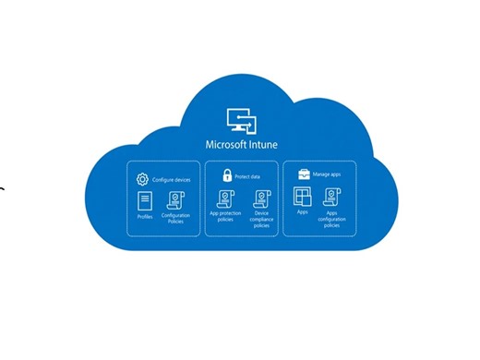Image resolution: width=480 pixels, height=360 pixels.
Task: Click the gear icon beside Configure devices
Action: click(x=142, y=179)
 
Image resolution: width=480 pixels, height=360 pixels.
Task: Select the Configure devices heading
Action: click(x=172, y=179)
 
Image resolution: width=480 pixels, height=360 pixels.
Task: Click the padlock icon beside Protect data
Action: click(x=224, y=174)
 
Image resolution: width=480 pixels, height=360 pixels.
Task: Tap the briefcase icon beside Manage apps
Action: click(x=303, y=174)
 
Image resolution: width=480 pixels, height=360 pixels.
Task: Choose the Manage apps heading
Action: click(x=329, y=174)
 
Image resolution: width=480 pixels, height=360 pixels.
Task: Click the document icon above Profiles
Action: click(x=144, y=200)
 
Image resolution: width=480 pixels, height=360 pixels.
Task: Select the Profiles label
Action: click(x=144, y=218)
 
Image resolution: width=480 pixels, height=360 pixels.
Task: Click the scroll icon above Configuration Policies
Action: click(x=175, y=200)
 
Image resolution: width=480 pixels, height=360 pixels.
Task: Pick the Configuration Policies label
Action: click(x=175, y=220)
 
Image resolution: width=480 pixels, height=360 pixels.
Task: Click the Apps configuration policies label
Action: click(x=332, y=220)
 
